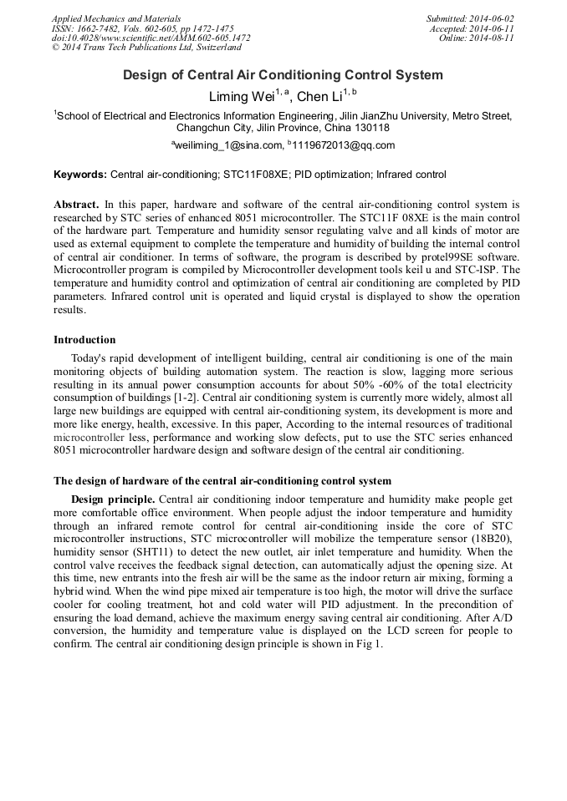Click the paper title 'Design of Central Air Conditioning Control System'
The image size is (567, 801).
point(283,75)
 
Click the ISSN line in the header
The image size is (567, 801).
point(142,28)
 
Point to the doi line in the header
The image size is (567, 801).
point(151,38)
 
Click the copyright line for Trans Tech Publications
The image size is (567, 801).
point(146,48)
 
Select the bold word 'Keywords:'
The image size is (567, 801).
point(80,175)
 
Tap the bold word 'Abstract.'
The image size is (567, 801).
point(76,204)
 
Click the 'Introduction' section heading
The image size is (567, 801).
point(84,340)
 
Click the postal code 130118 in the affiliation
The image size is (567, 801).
point(369,128)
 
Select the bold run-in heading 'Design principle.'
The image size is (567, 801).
point(113,499)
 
